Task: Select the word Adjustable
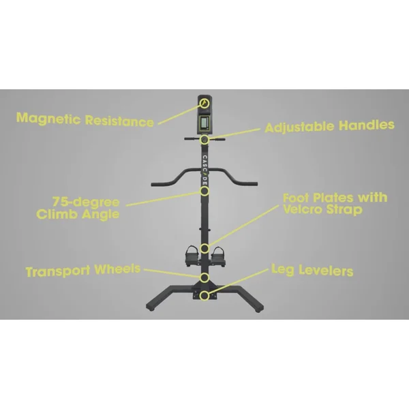click(x=294, y=127)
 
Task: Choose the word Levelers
click(x=324, y=271)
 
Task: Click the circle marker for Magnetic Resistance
click(x=204, y=102)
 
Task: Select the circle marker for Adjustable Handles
click(x=204, y=140)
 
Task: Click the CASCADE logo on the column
click(x=204, y=168)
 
